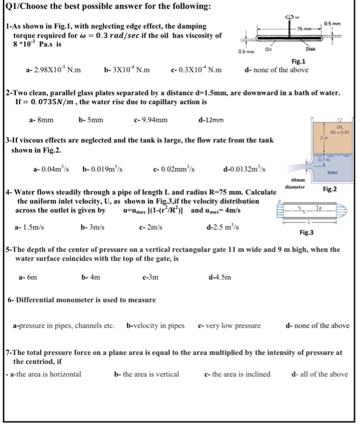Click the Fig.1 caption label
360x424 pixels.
pos(298,61)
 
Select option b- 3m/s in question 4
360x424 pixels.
pos(93,227)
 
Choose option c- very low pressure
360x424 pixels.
pos(229,325)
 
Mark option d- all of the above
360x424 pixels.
pos(319,374)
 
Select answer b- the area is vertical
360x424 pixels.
pos(147,374)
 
